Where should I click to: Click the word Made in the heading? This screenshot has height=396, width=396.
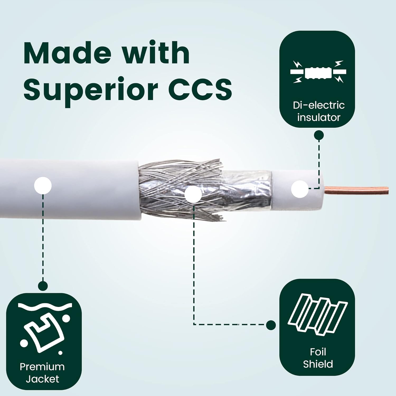(x=67, y=53)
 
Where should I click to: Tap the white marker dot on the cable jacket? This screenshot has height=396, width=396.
(x=43, y=186)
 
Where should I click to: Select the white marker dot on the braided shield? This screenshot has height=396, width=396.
(x=193, y=194)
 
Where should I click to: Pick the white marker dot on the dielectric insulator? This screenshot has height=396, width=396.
(x=300, y=189)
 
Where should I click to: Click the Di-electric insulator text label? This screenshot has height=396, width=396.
(x=319, y=111)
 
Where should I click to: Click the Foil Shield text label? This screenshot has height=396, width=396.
(x=318, y=358)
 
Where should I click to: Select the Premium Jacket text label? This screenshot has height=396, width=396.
(x=42, y=373)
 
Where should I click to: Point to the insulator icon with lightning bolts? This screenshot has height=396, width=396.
(x=318, y=72)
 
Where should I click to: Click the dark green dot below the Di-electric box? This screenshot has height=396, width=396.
(x=319, y=135)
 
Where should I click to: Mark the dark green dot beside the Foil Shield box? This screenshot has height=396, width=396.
(x=271, y=325)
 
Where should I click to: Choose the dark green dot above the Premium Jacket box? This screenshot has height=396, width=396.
(x=43, y=286)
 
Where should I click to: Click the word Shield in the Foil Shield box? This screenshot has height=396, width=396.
(x=318, y=364)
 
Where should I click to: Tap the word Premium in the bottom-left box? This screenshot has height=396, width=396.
(x=42, y=367)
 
